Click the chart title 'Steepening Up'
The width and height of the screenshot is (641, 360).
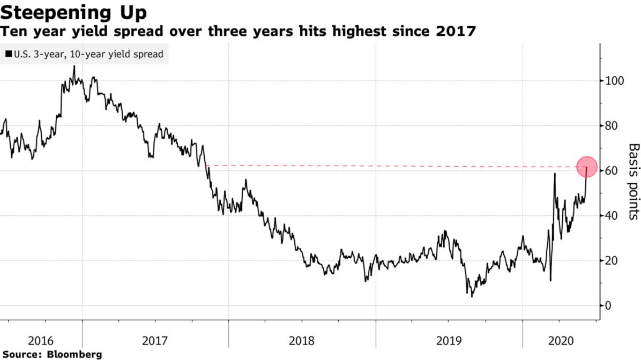click(x=74, y=12)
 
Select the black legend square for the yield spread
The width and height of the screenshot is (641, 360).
click(x=9, y=54)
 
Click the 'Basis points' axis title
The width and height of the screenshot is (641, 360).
click(x=633, y=181)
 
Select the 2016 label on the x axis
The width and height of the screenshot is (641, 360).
click(x=41, y=340)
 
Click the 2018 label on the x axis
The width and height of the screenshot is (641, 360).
click(x=302, y=340)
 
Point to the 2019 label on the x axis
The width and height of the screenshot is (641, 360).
click(x=449, y=340)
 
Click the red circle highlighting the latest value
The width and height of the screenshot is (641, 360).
click(x=587, y=167)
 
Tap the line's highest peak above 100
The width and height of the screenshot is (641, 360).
click(x=73, y=66)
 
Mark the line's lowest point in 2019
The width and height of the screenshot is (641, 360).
click(x=472, y=296)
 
